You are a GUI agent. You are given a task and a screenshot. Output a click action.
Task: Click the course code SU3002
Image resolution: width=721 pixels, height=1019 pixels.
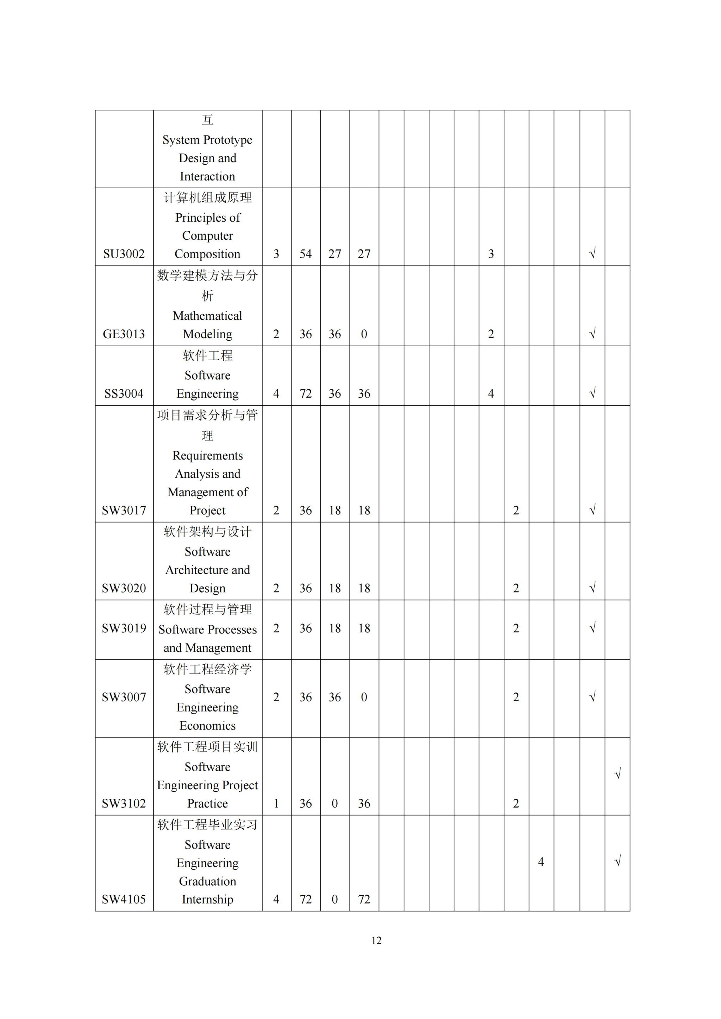coord(124,254)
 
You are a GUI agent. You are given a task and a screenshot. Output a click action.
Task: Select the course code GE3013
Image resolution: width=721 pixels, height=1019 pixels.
coord(124,334)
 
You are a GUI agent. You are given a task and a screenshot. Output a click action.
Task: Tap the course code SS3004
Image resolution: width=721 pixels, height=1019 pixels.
coord(124,393)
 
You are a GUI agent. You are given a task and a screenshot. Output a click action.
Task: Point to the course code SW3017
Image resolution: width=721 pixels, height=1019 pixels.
coord(124,511)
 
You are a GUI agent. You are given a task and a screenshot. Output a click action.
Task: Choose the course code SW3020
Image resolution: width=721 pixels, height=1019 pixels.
coord(124,588)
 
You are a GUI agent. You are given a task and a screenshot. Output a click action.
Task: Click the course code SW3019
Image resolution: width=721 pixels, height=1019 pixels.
coord(124,628)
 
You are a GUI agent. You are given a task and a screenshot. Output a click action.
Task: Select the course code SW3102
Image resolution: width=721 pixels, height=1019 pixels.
coord(124,803)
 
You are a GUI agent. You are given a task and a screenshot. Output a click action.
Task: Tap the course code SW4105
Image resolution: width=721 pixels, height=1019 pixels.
coord(124,899)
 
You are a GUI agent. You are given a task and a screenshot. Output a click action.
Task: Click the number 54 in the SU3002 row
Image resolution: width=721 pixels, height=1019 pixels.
coord(306,254)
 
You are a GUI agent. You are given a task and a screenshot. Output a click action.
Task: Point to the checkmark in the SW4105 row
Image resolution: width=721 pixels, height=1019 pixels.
coord(617,861)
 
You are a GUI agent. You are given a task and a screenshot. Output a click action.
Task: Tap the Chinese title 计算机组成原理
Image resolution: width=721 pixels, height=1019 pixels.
coord(207,197)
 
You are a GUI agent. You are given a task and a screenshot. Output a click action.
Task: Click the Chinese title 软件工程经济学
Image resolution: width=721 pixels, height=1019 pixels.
coord(207,669)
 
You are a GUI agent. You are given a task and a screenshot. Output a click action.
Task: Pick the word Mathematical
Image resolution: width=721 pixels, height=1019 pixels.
coord(207,316)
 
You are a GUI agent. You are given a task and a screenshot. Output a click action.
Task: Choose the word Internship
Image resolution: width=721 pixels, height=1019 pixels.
coord(207,899)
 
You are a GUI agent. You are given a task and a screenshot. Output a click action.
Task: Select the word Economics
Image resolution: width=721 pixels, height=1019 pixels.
coord(207,726)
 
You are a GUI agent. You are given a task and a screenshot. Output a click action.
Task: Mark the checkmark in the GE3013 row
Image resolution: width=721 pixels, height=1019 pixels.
coord(592,333)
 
